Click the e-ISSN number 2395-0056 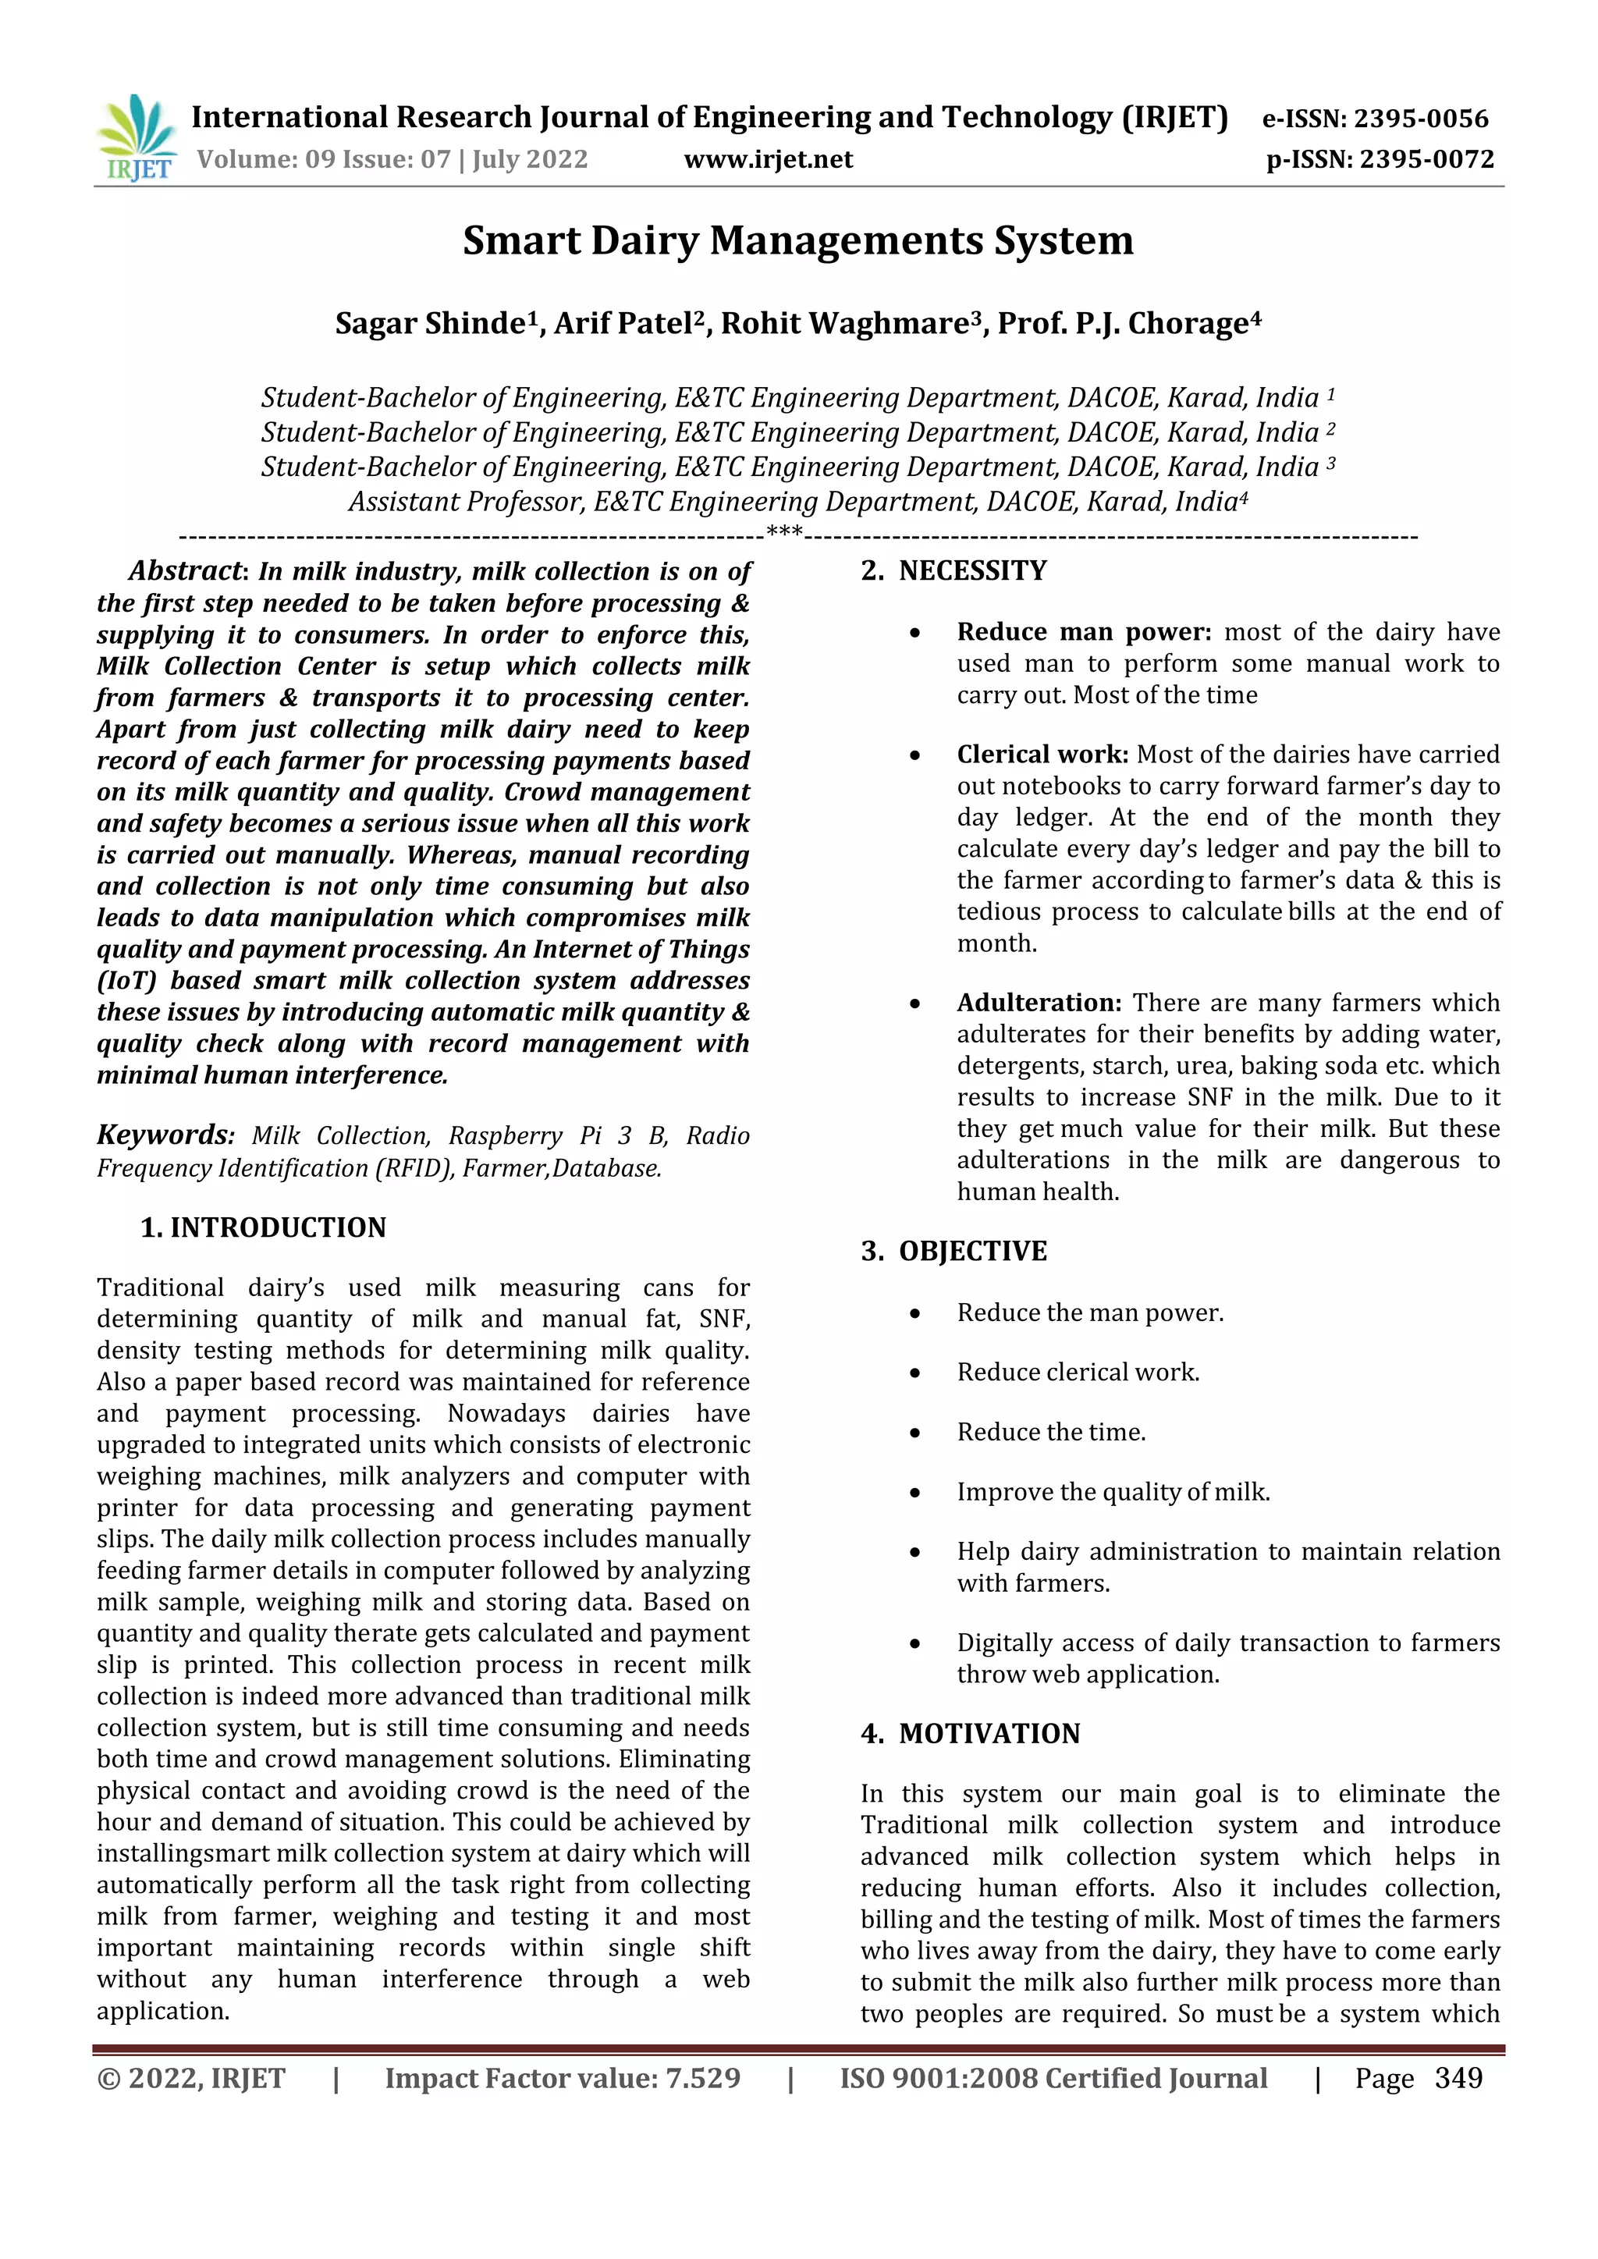pos(1421,119)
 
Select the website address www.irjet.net pos(769,159)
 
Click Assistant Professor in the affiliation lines pos(467,503)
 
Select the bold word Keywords pos(162,1135)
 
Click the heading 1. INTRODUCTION pos(263,1228)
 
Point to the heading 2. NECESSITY pos(953,570)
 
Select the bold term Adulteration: pos(1038,1003)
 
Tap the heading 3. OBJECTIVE pos(953,1252)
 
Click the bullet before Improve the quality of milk pos(915,1493)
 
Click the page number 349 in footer pos(1458,2078)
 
